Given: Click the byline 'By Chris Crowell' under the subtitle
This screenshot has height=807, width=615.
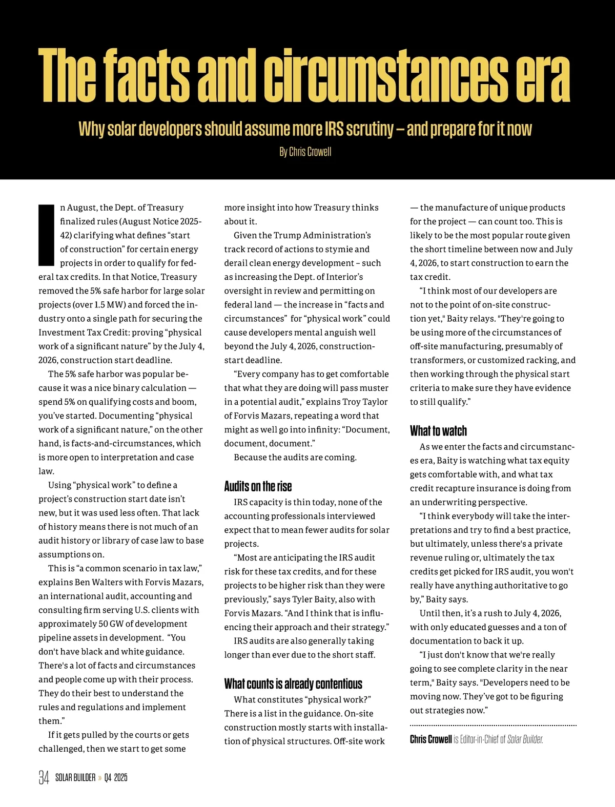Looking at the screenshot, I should pyautogui.click(x=305, y=152).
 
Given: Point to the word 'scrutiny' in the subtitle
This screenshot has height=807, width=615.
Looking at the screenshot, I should pyautogui.click(x=368, y=129).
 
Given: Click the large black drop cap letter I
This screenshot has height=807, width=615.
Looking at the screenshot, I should pyautogui.click(x=46, y=235).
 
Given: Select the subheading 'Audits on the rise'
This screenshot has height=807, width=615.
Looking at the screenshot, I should pyautogui.click(x=258, y=486).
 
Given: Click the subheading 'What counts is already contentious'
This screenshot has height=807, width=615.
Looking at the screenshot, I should pyautogui.click(x=293, y=684).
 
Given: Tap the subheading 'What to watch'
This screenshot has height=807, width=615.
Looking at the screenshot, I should pyautogui.click(x=438, y=430).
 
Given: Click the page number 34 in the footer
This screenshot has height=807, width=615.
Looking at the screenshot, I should pyautogui.click(x=44, y=778).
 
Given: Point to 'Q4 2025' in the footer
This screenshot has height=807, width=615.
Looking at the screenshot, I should pyautogui.click(x=115, y=778).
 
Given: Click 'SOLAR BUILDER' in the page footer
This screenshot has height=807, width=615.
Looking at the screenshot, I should pyautogui.click(x=75, y=778).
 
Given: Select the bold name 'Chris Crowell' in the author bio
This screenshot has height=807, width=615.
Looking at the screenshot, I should pyautogui.click(x=430, y=739).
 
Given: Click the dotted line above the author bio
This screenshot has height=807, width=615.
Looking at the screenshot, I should pyautogui.click(x=493, y=726).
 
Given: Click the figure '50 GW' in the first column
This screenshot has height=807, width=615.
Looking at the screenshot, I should pyautogui.click(x=110, y=624).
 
